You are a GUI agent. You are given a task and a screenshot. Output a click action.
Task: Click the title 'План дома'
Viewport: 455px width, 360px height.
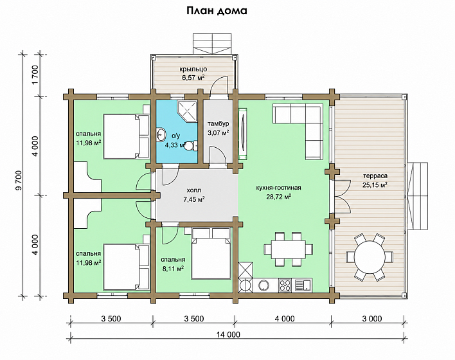(217, 12)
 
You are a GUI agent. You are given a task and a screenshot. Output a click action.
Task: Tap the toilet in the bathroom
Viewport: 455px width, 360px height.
(191, 145)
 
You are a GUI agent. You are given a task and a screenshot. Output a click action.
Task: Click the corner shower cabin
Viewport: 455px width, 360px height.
(187, 111)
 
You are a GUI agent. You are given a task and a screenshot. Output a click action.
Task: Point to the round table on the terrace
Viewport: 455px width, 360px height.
(369, 257)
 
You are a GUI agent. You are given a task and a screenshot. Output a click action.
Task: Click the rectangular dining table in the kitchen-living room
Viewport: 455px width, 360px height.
(289, 249)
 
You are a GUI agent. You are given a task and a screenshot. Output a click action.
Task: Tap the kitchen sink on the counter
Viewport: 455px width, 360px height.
(303, 285)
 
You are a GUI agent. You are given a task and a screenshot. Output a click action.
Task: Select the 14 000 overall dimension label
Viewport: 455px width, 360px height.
(228, 334)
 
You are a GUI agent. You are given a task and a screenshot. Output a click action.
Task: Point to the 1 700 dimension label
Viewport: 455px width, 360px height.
(35, 75)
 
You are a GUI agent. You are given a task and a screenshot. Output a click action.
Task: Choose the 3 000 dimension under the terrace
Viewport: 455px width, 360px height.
(372, 319)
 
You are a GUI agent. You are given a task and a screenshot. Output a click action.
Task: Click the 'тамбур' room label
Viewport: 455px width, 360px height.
(219, 124)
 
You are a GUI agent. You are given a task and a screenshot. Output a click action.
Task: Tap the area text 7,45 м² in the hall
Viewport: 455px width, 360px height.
(194, 199)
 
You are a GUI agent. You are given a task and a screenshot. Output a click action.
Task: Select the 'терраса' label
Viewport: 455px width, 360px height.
(375, 176)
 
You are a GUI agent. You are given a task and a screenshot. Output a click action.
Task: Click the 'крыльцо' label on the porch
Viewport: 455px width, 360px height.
(193, 69)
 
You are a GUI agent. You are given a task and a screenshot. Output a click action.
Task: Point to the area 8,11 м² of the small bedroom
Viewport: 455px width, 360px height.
(173, 269)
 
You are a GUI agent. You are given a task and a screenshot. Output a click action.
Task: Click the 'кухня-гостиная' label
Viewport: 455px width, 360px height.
(278, 188)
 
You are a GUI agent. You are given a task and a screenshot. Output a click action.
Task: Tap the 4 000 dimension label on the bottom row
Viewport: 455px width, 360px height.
(285, 319)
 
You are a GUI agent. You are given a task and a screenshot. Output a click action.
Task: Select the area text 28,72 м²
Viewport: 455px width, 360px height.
(279, 197)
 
